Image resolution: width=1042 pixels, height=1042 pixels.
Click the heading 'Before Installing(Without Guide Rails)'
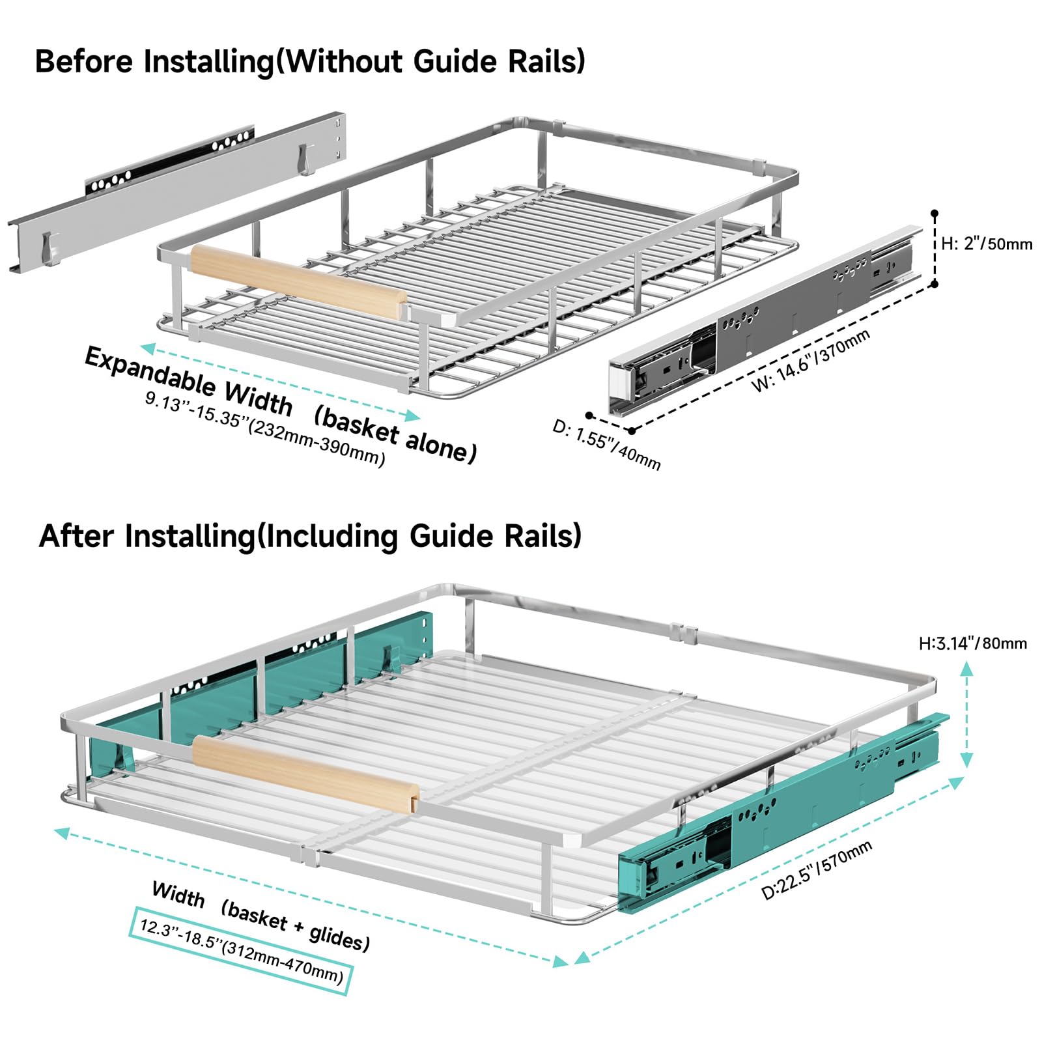click(310, 62)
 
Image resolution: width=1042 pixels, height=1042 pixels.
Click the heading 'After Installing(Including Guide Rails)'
click(310, 536)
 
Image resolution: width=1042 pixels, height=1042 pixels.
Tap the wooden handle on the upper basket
click(298, 283)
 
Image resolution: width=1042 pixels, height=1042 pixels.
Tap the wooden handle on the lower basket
click(305, 774)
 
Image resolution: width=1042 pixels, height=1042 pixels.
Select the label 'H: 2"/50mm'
click(987, 244)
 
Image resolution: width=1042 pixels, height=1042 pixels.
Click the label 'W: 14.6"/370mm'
click(811, 361)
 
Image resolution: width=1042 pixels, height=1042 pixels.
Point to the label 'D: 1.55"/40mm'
click(606, 445)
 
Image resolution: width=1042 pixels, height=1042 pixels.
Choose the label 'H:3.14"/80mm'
click(972, 643)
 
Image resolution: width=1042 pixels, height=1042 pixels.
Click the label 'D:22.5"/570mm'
click(817, 871)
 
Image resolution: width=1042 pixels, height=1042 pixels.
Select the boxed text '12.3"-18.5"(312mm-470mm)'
click(241, 951)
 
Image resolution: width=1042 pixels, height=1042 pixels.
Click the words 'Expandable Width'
click(189, 381)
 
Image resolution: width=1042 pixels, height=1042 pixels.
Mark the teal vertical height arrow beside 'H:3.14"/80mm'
click(967, 714)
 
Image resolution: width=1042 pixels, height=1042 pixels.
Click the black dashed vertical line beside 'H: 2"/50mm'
click(935, 249)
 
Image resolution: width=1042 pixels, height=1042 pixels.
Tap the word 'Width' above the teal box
click(178, 895)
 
